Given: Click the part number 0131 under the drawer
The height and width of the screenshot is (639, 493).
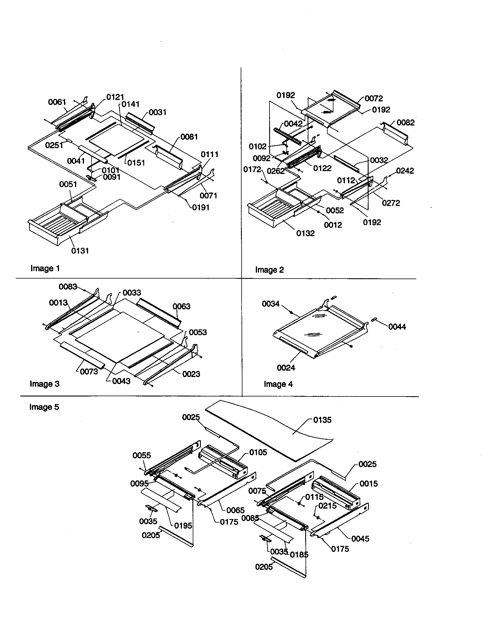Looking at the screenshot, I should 80,251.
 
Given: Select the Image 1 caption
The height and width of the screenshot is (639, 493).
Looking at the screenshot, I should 45,268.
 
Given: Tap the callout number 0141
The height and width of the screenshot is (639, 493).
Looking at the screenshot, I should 130,104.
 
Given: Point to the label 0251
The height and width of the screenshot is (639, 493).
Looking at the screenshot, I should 54,145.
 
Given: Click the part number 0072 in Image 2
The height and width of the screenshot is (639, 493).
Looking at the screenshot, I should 374,98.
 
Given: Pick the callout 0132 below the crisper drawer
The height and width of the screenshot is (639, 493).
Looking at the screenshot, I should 305,233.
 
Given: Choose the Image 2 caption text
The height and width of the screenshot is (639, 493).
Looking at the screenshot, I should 269,270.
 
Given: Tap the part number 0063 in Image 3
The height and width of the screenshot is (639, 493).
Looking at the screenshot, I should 181,306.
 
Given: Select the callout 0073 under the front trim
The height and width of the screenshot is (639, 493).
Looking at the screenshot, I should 89,371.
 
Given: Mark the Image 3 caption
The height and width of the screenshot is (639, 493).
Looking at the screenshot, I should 44,384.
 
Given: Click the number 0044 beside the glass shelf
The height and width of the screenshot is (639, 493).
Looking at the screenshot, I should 397,327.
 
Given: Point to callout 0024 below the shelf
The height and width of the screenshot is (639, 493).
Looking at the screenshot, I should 286,368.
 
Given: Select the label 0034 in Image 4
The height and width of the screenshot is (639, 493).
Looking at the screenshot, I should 271,304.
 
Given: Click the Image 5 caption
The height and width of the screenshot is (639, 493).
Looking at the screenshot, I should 44,407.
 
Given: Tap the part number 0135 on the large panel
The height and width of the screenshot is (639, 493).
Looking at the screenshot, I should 322,420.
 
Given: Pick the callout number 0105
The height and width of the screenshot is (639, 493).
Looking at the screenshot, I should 258,452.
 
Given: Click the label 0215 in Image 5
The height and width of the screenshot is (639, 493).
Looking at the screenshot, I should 327,506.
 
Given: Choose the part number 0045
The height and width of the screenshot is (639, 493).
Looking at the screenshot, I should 360,539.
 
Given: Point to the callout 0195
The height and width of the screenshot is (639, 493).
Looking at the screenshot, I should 183,526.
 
